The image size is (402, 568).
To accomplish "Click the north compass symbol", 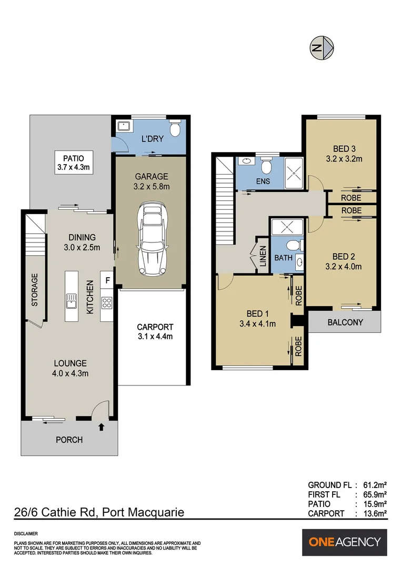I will click(x=321, y=48).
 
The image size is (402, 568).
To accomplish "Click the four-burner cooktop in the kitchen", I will click(x=107, y=302).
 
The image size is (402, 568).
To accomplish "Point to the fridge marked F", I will click(x=107, y=280).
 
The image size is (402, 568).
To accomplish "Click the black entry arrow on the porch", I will click(x=101, y=427).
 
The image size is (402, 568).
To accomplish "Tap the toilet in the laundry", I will click(x=175, y=129).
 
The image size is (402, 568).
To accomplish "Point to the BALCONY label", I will click(x=345, y=322).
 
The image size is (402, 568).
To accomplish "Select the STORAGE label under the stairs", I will click(x=35, y=289).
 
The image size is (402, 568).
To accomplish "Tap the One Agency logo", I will click(x=345, y=542).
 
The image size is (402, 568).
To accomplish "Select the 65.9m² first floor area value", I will click(x=375, y=494).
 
